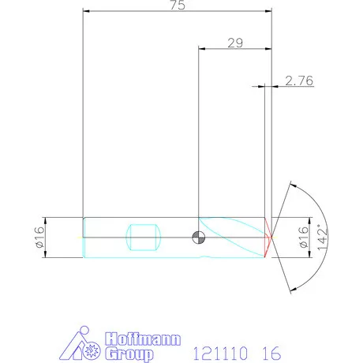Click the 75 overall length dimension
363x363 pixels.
click(x=178, y=6)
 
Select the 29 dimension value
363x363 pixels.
click(x=234, y=43)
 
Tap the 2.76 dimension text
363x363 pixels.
click(x=298, y=80)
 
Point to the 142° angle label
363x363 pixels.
click(x=321, y=237)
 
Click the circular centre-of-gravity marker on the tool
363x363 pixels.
click(x=198, y=237)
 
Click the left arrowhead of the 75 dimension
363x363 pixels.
click(x=86, y=12)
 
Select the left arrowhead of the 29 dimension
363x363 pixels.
click(x=201, y=49)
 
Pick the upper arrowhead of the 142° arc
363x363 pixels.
click(x=291, y=185)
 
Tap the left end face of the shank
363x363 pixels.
click(x=84, y=237)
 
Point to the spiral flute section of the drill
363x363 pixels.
click(x=233, y=237)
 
